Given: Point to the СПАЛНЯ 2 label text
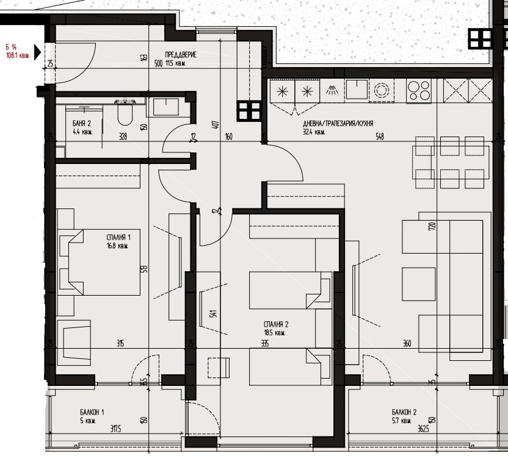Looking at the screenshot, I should click(275, 324).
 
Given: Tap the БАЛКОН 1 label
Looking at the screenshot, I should click(79, 412).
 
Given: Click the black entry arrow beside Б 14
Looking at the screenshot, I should click(37, 52).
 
